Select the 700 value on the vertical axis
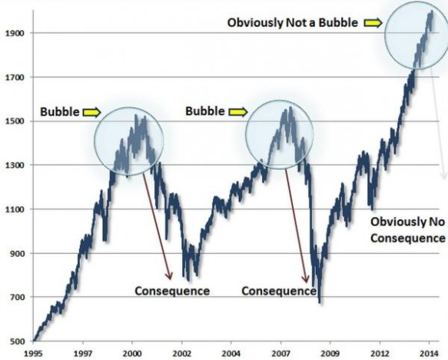click(15, 298)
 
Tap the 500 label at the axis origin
click(15, 342)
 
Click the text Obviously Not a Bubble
click(293, 22)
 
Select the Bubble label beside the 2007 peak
click(205, 112)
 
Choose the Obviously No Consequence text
click(407, 229)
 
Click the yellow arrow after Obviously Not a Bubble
click(373, 22)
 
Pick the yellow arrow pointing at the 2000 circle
click(91, 112)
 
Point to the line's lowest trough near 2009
click(319, 302)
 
